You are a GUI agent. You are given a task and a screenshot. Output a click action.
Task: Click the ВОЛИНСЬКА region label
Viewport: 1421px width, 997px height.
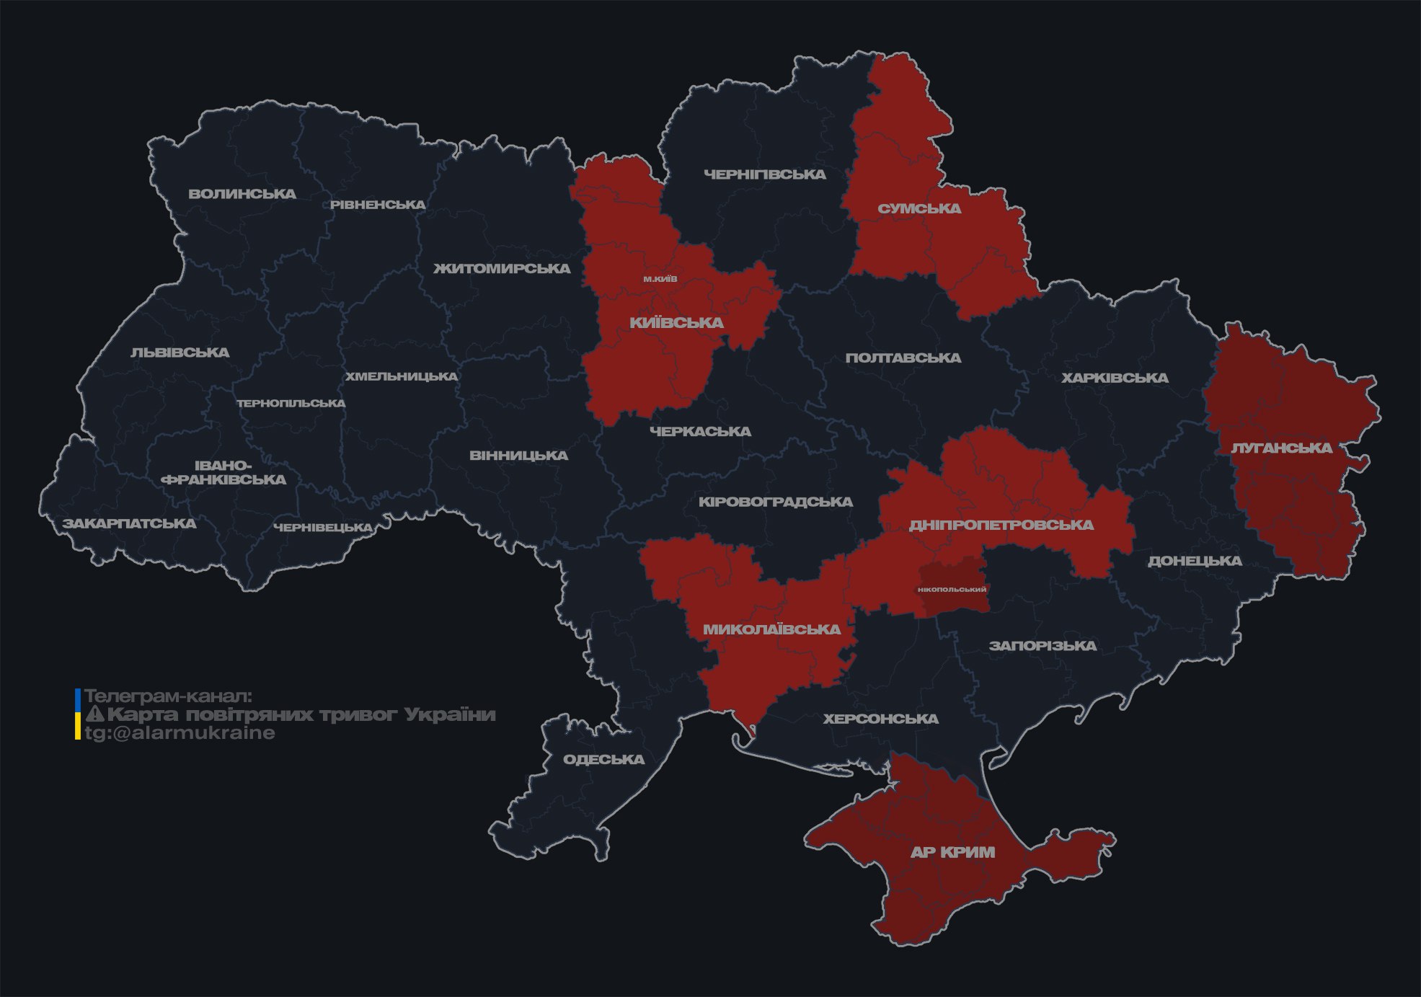242,194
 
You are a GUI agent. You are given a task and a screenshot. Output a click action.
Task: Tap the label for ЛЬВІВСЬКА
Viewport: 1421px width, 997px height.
180,353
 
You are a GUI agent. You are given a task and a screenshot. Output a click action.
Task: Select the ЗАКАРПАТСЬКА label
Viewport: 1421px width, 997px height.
129,523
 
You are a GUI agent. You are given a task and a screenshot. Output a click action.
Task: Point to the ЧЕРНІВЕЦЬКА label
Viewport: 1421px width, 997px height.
323,528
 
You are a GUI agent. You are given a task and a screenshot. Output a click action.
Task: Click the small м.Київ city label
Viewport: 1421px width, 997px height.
660,279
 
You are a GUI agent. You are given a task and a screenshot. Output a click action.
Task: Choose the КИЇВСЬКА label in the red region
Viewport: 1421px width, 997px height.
676,323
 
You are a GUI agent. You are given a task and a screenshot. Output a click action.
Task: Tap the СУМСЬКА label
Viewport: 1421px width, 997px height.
919,209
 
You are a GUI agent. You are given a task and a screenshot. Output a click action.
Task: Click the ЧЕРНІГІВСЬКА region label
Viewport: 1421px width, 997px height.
765,174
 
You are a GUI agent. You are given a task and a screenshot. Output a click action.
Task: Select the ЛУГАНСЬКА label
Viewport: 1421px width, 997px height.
1281,448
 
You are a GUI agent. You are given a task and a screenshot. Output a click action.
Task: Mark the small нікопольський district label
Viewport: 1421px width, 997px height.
952,589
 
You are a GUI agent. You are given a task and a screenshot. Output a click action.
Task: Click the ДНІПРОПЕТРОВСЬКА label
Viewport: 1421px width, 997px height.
1001,525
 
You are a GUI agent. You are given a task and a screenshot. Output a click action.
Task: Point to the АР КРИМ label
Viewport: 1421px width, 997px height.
952,852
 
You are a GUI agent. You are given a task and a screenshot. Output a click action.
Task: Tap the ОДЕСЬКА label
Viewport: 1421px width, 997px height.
603,759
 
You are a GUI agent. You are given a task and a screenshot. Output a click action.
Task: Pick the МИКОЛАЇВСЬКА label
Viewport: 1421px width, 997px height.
771,629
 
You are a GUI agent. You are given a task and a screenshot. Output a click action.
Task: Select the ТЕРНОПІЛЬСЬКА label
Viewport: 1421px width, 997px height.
291,404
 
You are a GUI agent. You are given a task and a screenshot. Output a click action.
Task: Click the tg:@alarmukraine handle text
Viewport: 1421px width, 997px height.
180,733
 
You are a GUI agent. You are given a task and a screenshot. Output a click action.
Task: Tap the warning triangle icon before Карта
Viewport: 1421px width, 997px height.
94,714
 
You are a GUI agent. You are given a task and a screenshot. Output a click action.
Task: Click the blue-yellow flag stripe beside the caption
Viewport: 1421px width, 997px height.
78,714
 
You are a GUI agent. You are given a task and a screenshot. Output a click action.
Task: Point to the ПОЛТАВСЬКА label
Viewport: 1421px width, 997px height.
903,358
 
